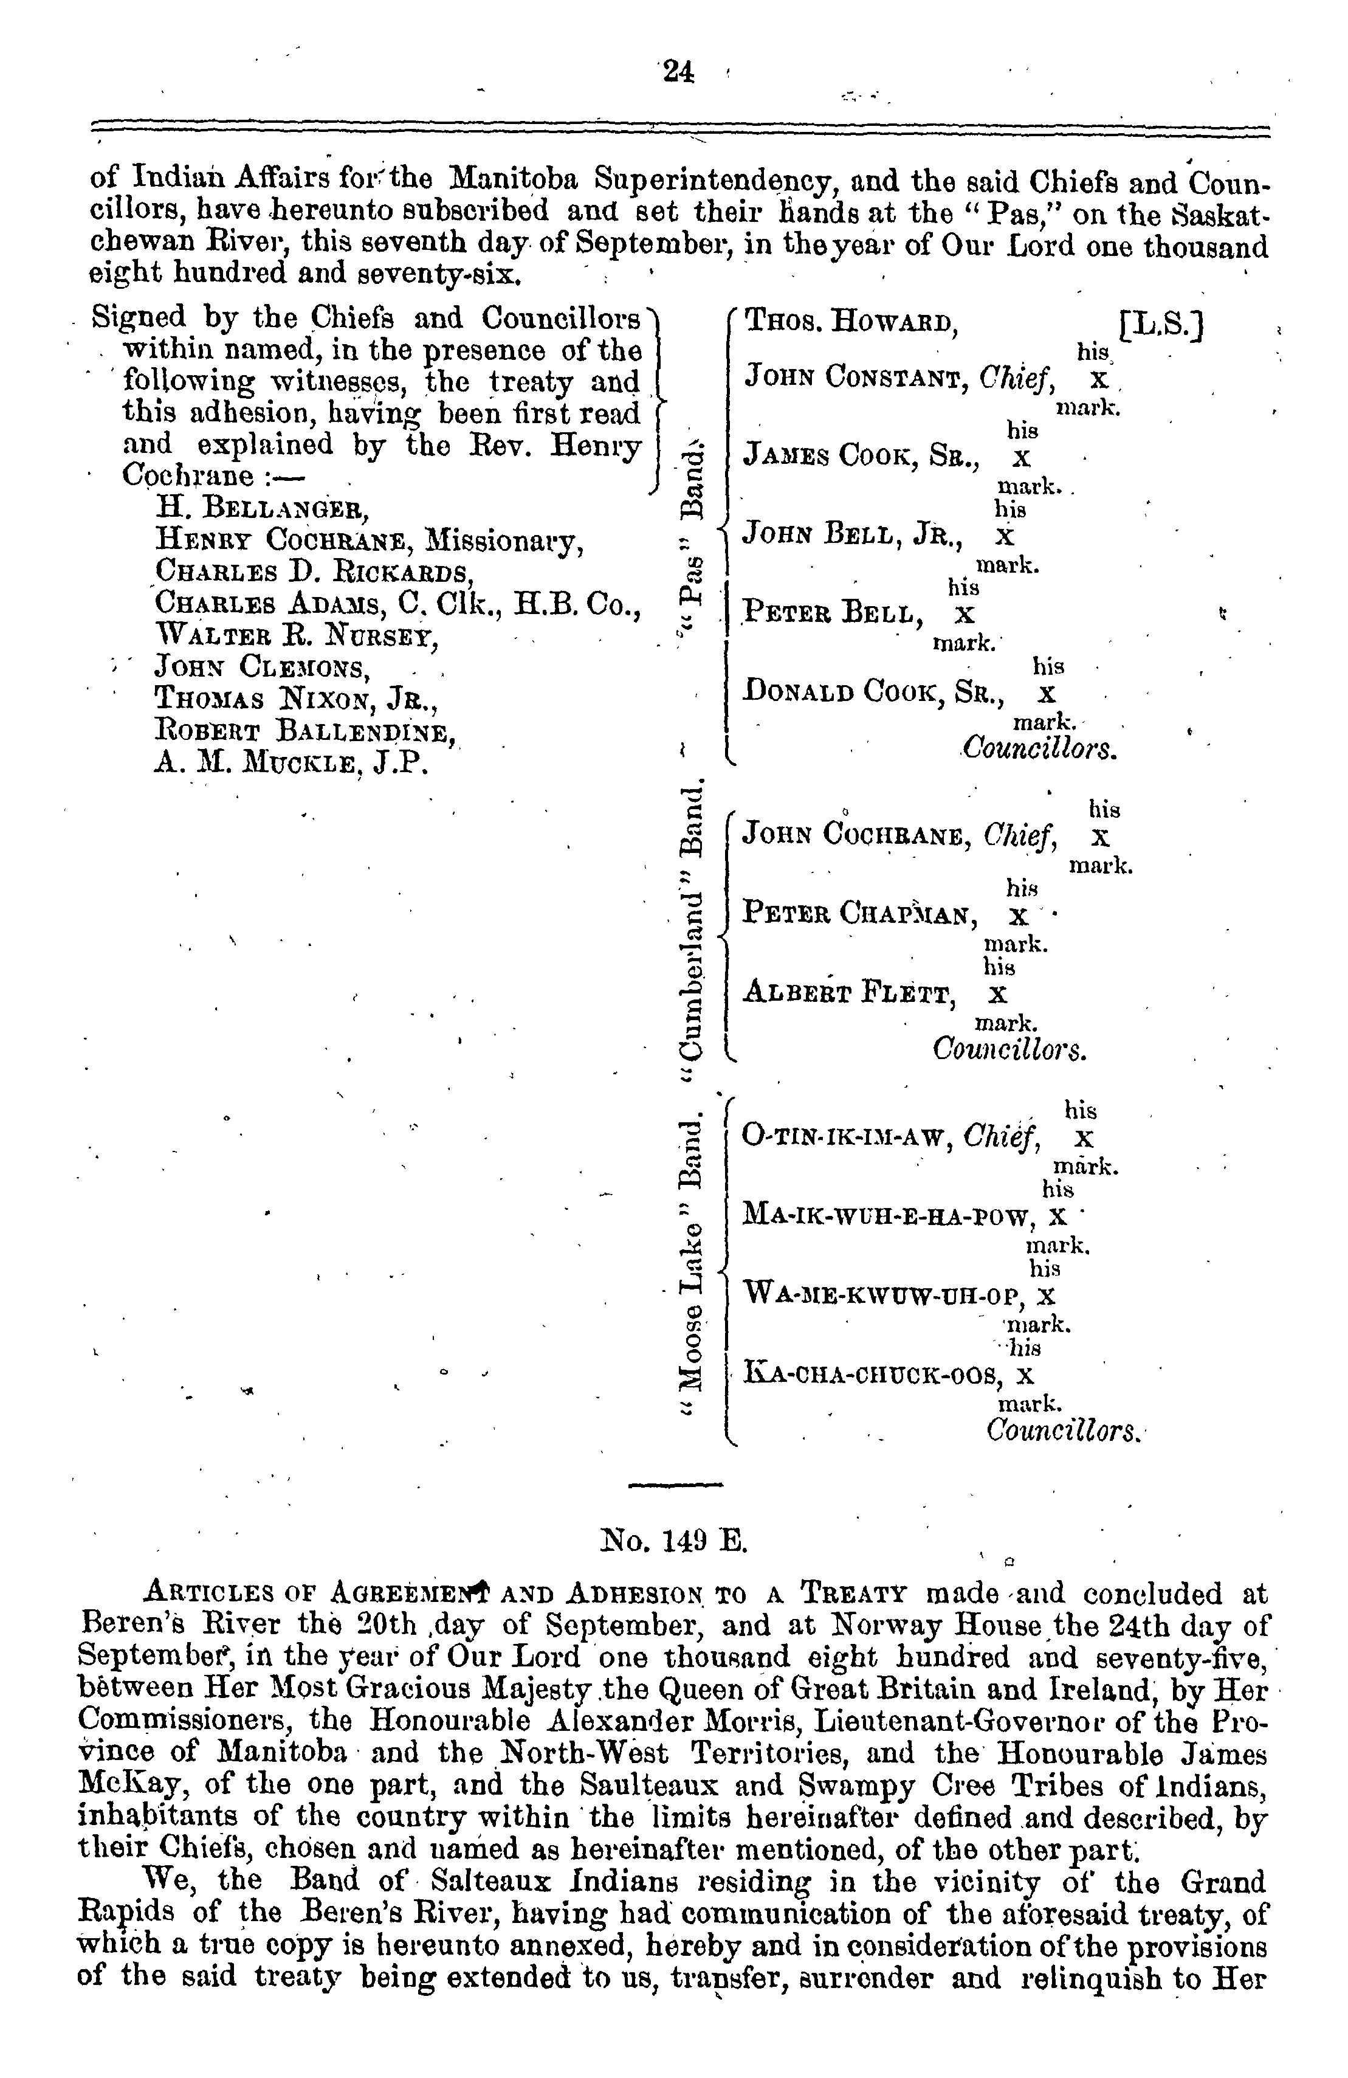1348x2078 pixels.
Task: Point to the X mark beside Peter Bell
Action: [x=964, y=614]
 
